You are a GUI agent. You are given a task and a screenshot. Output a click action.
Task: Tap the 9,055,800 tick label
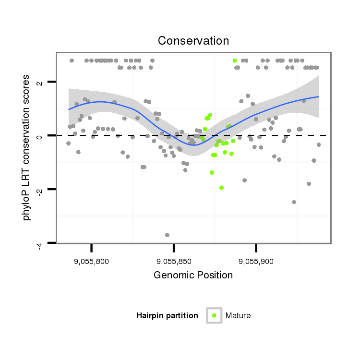[91, 262]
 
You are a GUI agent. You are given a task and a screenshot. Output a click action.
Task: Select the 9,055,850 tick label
[174, 262]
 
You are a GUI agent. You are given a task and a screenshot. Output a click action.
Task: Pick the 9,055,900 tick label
[256, 262]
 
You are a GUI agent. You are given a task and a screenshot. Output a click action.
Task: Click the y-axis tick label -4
[40, 244]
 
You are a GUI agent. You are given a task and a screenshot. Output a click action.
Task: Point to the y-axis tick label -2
[40, 191]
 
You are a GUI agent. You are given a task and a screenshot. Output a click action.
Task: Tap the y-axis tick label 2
[40, 83]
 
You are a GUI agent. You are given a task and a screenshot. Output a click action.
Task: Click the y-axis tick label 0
[40, 136]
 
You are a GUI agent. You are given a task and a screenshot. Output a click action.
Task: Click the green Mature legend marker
[214, 315]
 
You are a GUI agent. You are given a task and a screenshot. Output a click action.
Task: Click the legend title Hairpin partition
[167, 315]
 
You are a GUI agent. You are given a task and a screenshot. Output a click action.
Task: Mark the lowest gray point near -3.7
[167, 235]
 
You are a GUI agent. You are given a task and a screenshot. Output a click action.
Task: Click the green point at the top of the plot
[235, 60]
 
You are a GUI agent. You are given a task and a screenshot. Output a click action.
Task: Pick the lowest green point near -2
[221, 188]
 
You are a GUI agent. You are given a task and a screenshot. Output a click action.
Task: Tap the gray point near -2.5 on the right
[294, 202]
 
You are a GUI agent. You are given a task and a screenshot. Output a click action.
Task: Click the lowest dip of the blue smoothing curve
[192, 144]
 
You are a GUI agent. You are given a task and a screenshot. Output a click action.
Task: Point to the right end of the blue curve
[318, 97]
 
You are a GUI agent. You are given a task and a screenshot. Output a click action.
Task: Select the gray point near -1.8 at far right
[309, 184]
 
